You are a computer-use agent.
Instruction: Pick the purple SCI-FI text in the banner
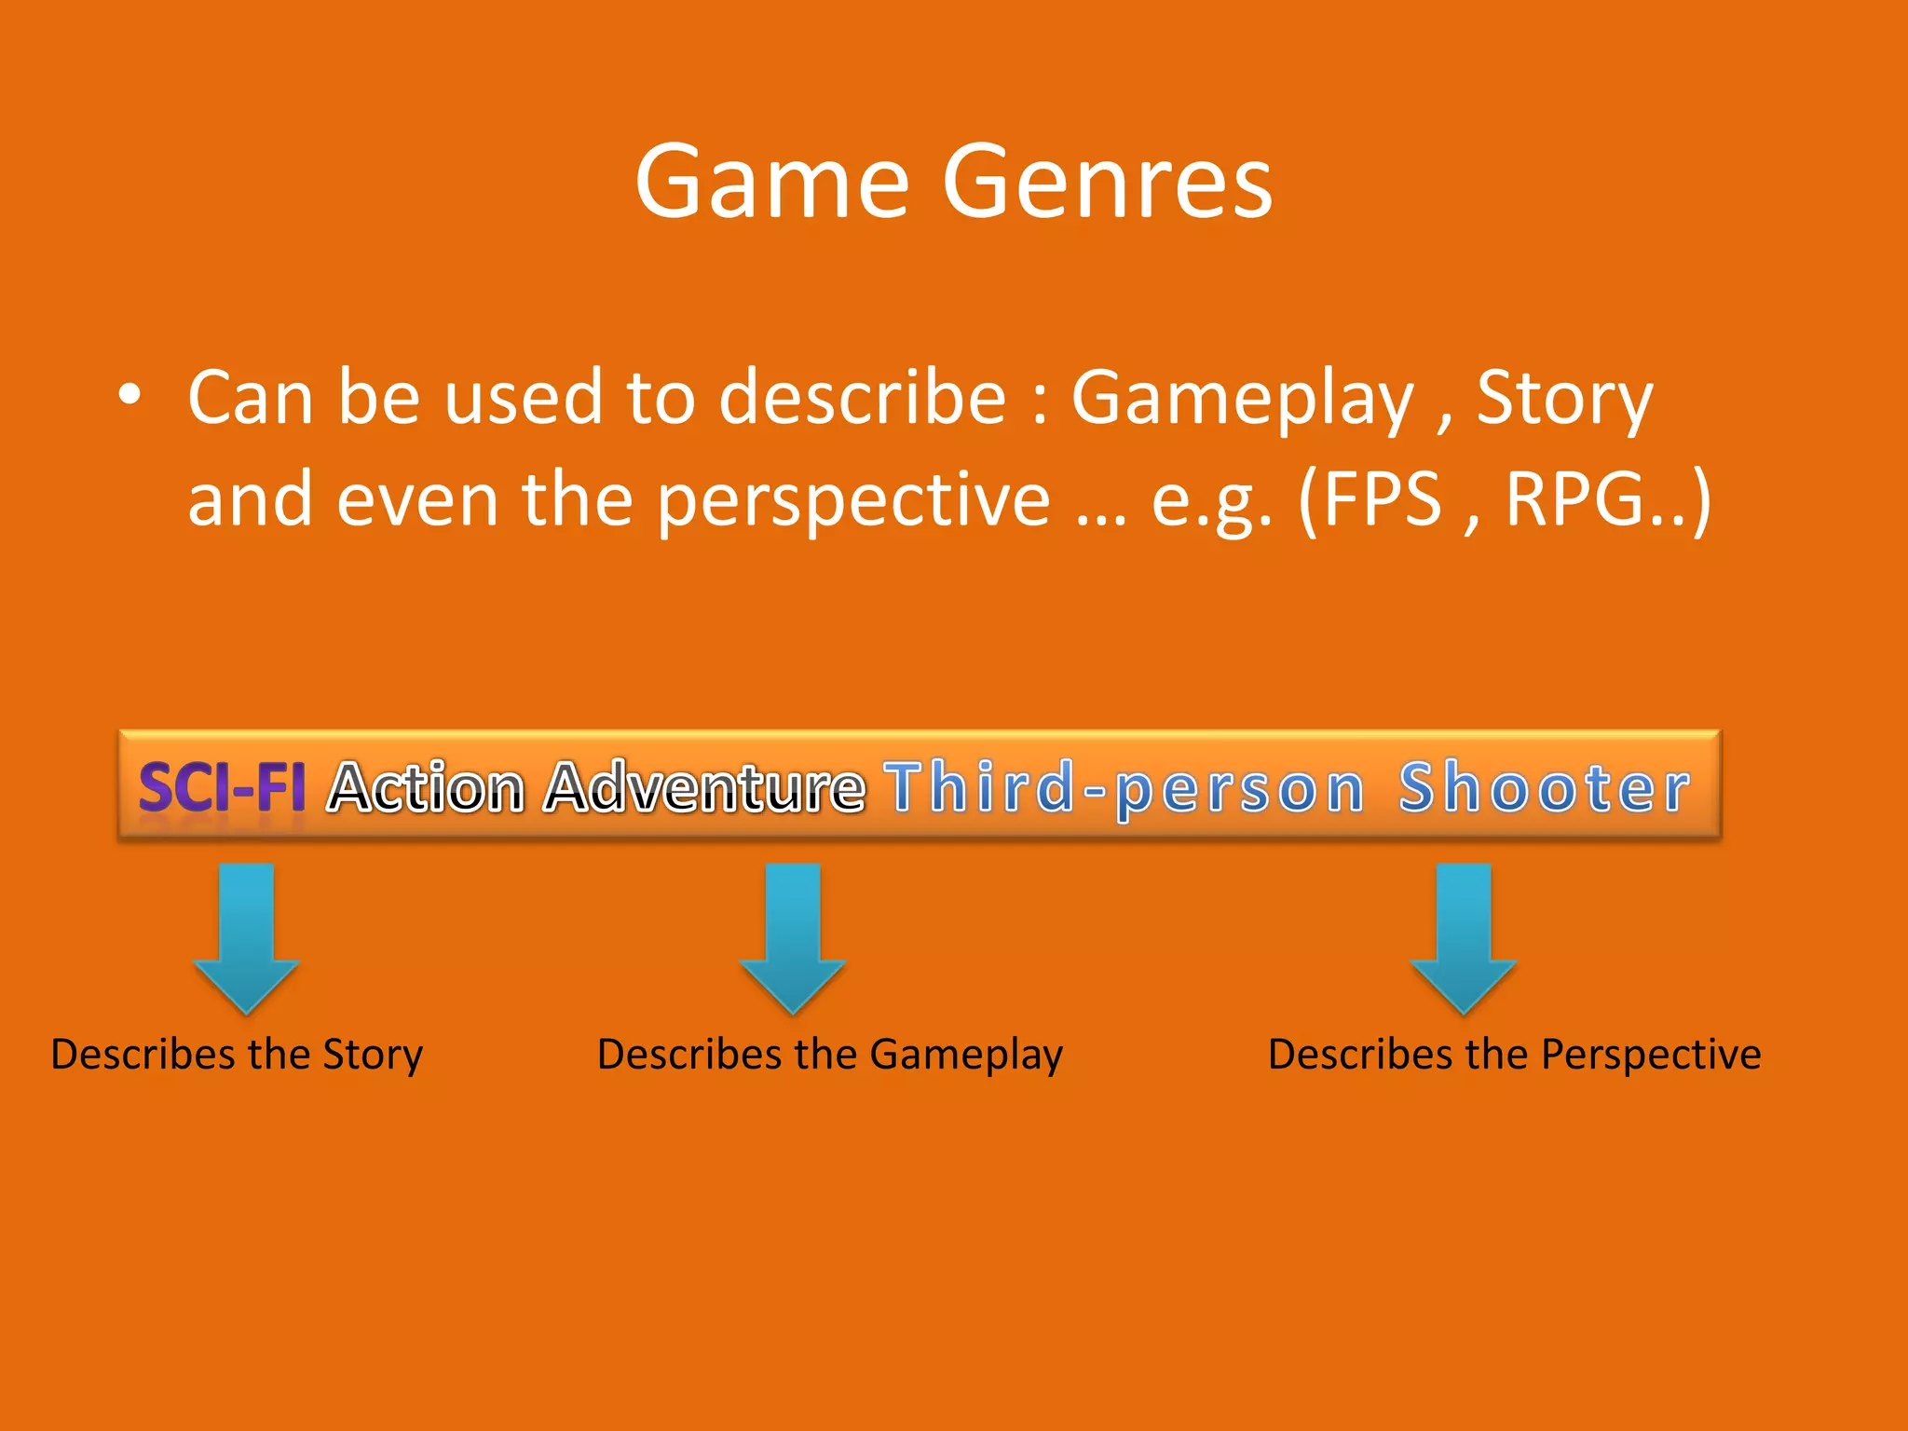[222, 788]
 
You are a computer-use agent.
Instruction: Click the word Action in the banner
[428, 788]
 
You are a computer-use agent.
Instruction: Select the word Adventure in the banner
[705, 788]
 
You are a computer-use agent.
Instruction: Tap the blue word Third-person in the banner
[1124, 788]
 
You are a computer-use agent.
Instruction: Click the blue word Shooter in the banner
[1545, 788]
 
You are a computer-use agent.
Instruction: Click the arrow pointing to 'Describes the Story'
[246, 936]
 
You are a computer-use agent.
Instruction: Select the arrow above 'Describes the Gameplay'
[792, 936]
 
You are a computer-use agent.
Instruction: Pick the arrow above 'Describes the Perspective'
[1463, 936]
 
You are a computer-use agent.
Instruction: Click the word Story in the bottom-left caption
[373, 1056]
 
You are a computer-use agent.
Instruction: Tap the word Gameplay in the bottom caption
[966, 1056]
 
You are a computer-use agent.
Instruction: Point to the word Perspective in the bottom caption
[1651, 1056]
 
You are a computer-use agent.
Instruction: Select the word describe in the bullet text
[863, 398]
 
